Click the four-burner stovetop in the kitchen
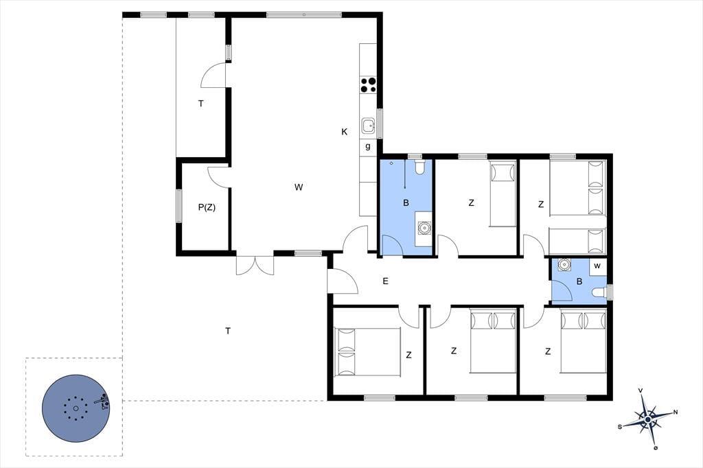[368, 84]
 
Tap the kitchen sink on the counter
[369, 126]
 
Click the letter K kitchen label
[345, 132]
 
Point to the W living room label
[299, 187]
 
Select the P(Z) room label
[207, 207]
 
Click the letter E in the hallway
[385, 281]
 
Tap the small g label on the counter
[368, 147]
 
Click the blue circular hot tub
[76, 408]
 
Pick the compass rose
[648, 419]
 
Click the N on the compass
[676, 412]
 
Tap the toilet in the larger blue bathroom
[419, 167]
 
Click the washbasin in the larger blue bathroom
[423, 229]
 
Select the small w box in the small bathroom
[597, 266]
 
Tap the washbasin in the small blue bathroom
[564, 265]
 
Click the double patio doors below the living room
[255, 265]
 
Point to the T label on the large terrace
[228, 331]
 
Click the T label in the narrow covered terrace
[201, 104]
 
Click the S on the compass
[620, 427]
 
